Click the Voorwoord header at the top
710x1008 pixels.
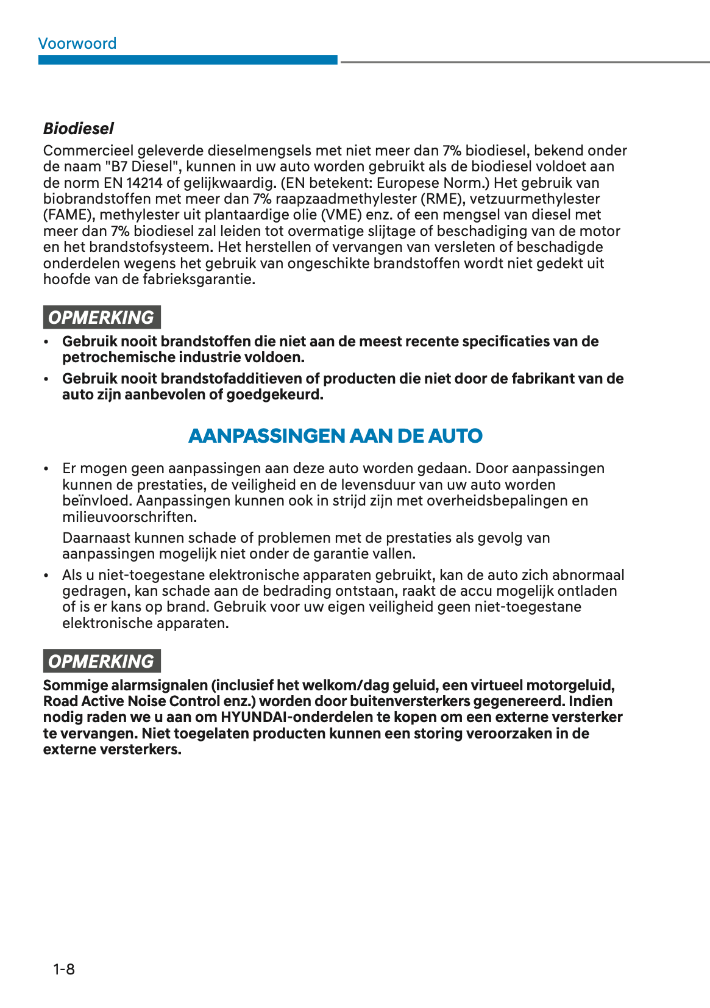(x=77, y=44)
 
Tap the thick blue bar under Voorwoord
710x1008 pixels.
(x=188, y=60)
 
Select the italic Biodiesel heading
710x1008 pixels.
(x=78, y=129)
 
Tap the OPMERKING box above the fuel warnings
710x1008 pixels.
(x=101, y=318)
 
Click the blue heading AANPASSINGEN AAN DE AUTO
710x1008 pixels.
(x=335, y=436)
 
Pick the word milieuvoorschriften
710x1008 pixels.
(x=129, y=517)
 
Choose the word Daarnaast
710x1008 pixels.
(x=96, y=538)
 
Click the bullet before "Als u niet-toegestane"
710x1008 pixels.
(x=46, y=576)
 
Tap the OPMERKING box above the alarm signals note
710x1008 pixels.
(x=101, y=661)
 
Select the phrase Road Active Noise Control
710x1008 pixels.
(x=132, y=701)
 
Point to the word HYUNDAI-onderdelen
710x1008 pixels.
(x=293, y=717)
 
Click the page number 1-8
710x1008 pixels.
(x=64, y=969)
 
